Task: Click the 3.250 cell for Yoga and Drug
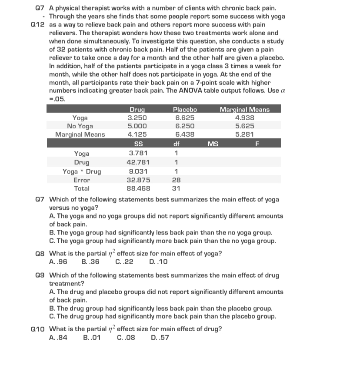(137, 118)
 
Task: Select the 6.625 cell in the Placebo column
(185, 118)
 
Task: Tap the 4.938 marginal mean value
(244, 118)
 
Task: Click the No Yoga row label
(80, 126)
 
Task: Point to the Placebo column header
(185, 110)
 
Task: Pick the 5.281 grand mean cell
(244, 134)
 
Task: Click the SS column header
(138, 144)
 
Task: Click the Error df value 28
(177, 180)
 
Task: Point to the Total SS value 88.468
(138, 188)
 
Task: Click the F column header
(257, 144)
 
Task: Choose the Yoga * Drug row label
(82, 171)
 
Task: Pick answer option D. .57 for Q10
(160, 337)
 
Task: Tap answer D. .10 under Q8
(158, 262)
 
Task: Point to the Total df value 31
(176, 188)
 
